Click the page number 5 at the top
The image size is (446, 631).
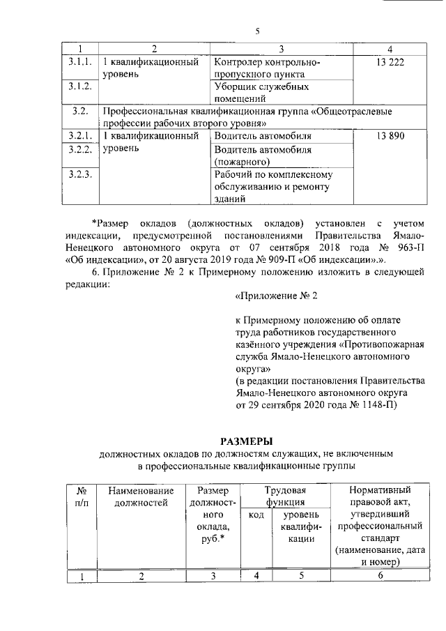[257, 31]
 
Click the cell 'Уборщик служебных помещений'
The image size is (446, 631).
[261, 93]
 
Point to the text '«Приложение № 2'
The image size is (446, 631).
[277, 296]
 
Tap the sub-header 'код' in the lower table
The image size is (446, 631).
[256, 515]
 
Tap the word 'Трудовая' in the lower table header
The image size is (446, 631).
[285, 490]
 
